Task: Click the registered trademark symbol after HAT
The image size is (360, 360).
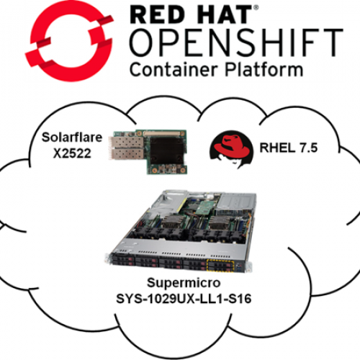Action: tap(256, 8)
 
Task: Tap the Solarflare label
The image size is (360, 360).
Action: tap(72, 138)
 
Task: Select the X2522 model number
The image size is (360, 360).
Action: tap(72, 153)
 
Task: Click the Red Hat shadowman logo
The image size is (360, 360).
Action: tap(231, 149)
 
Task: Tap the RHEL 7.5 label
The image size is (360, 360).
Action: tap(289, 148)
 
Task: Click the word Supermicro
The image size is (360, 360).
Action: tap(184, 283)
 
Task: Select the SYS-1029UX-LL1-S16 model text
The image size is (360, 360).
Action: tap(184, 299)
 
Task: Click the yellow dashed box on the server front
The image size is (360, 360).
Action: tap(220, 266)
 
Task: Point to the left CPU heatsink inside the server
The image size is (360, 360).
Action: tap(171, 223)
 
